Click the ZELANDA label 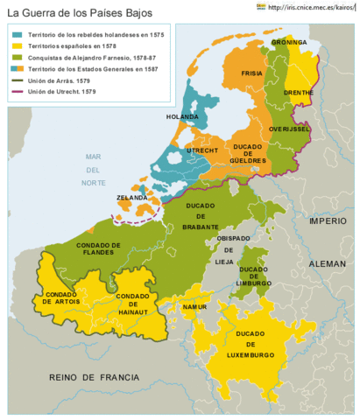pos(131,199)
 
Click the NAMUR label pos(194,307)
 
